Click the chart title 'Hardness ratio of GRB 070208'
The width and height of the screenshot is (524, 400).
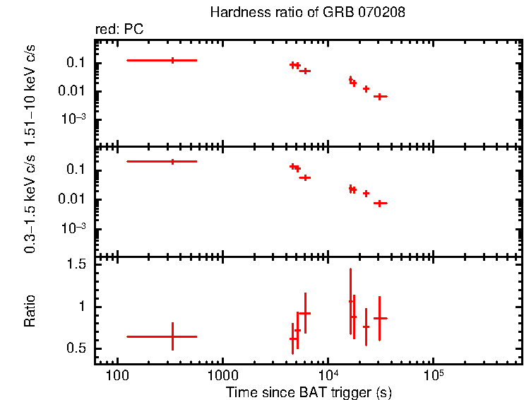(x=308, y=13)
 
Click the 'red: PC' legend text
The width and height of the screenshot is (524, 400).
(x=125, y=30)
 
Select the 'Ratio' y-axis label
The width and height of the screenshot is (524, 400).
(x=30, y=310)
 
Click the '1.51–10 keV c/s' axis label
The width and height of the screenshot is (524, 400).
(x=30, y=89)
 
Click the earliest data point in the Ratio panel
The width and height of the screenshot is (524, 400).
(x=172, y=336)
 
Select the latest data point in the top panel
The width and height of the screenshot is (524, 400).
(x=380, y=96)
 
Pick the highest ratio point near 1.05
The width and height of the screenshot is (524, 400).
(x=350, y=302)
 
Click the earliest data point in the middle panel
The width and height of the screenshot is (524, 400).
(x=172, y=162)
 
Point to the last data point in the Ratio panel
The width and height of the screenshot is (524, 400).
(x=380, y=319)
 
